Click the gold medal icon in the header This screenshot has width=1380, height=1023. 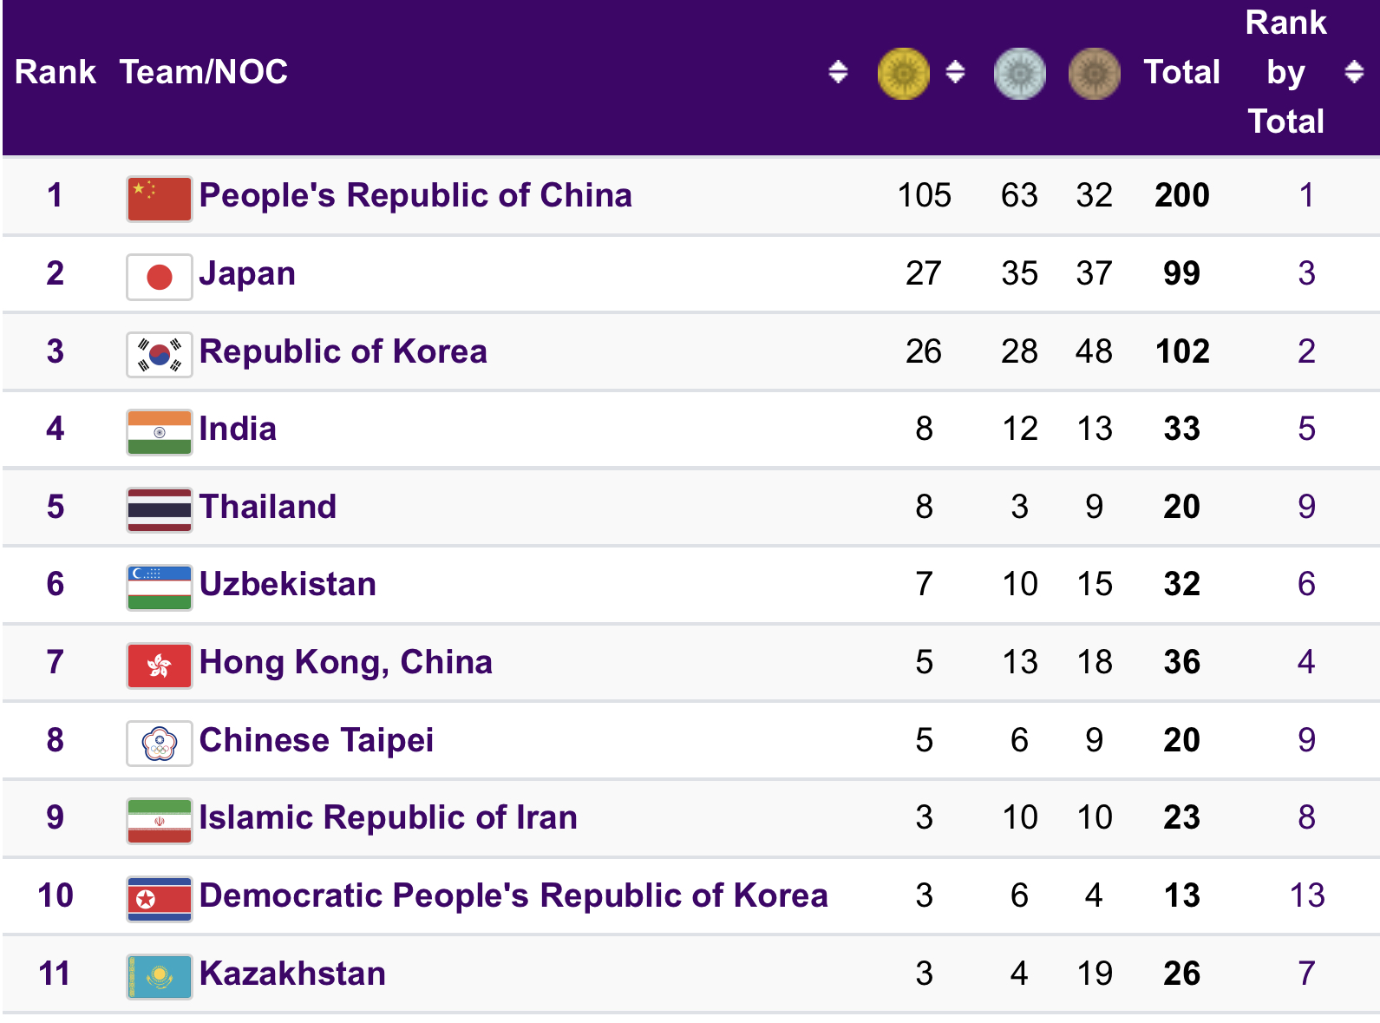click(x=903, y=73)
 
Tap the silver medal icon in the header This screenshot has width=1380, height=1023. click(x=1019, y=73)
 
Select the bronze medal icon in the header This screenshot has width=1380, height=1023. click(x=1094, y=73)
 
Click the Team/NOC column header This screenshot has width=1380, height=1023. click(x=204, y=72)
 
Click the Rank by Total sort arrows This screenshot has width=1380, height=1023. click(x=1353, y=72)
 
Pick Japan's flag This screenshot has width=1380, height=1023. click(x=159, y=277)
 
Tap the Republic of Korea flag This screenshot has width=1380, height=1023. click(x=159, y=355)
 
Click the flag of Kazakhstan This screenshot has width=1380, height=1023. click(x=159, y=977)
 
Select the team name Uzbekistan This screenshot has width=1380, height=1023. click(x=288, y=584)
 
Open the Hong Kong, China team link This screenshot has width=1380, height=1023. click(x=345, y=662)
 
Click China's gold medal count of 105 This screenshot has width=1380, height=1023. click(x=924, y=195)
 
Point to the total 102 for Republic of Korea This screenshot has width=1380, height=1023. click(x=1181, y=351)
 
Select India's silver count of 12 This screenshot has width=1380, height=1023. click(x=1019, y=429)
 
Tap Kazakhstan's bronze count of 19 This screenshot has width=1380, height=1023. click(x=1095, y=974)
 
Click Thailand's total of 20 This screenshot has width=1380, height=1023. click(x=1181, y=507)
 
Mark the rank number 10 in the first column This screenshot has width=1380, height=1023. click(x=56, y=895)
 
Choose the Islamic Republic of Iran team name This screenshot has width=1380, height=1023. click(x=388, y=817)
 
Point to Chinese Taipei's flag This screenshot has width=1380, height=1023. click(x=159, y=744)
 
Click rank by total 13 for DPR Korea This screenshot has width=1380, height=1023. click(x=1306, y=895)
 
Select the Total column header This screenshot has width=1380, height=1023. click(x=1181, y=72)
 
